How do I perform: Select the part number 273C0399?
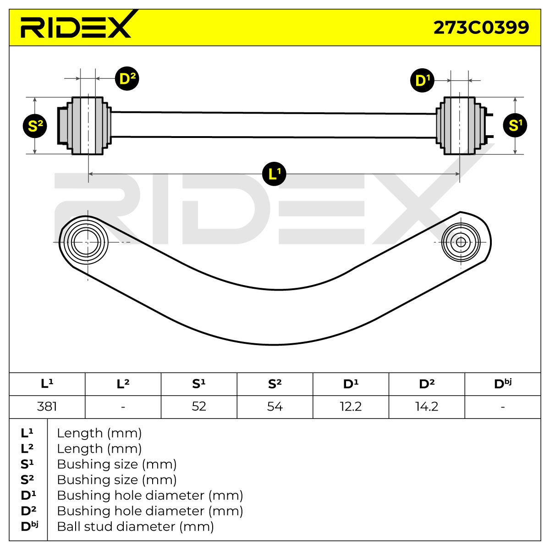pyautogui.click(x=481, y=27)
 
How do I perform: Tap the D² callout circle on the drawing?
pyautogui.click(x=127, y=78)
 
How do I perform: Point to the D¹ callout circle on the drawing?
pyautogui.click(x=422, y=80)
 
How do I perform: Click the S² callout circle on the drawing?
pyautogui.click(x=35, y=126)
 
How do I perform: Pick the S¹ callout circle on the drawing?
pyautogui.click(x=515, y=125)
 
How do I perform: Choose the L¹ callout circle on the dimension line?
pyautogui.click(x=274, y=174)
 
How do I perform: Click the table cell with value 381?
pyautogui.click(x=47, y=407)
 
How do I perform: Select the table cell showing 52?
pyautogui.click(x=199, y=407)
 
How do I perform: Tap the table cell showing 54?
pyautogui.click(x=275, y=407)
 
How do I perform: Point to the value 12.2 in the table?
pyautogui.click(x=351, y=407)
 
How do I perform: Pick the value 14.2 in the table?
pyautogui.click(x=426, y=407)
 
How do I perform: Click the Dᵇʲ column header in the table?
pyautogui.click(x=503, y=384)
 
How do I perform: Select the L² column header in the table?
pyautogui.click(x=123, y=384)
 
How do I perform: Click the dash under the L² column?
pyautogui.click(x=123, y=407)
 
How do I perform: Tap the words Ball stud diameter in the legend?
pyautogui.click(x=116, y=527)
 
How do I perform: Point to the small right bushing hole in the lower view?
pyautogui.click(x=461, y=242)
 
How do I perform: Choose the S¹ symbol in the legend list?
pyautogui.click(x=27, y=464)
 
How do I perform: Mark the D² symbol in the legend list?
pyautogui.click(x=28, y=511)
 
